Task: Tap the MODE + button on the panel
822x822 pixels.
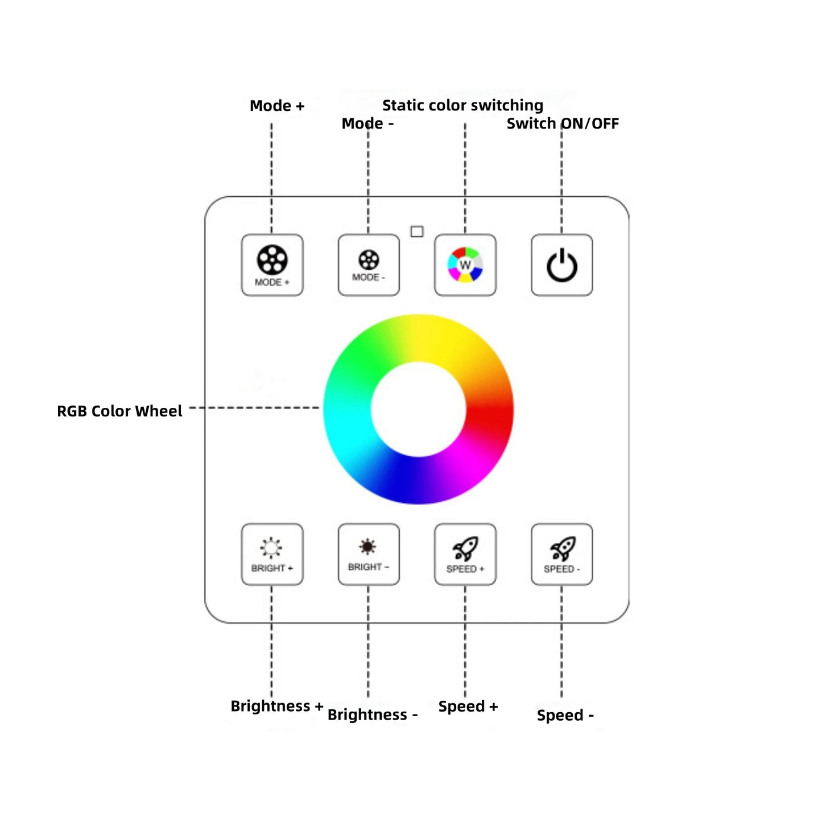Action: coord(272,265)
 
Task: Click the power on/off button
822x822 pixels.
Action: coord(561,265)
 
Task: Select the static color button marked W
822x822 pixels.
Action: coord(465,265)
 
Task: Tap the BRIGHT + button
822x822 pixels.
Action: coord(272,554)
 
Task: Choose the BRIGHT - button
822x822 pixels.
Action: coord(368,554)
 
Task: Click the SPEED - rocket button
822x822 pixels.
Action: coord(561,554)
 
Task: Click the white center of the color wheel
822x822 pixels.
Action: coord(418,410)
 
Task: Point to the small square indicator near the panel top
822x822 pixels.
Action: coord(417,232)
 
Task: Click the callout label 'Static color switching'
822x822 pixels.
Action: coord(462,105)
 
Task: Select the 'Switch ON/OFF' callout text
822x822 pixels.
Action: coord(563,123)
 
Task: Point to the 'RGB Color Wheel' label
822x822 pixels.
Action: coord(119,411)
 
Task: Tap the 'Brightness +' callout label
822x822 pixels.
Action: coord(277,706)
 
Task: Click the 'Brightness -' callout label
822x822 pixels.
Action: coord(373,714)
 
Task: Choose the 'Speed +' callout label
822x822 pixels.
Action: coord(468,707)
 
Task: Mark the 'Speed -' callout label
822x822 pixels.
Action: coord(565,715)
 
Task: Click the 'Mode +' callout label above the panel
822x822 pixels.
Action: coord(277,106)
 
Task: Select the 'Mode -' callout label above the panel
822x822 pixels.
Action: coord(367,123)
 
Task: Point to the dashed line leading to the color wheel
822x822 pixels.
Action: coord(254,407)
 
